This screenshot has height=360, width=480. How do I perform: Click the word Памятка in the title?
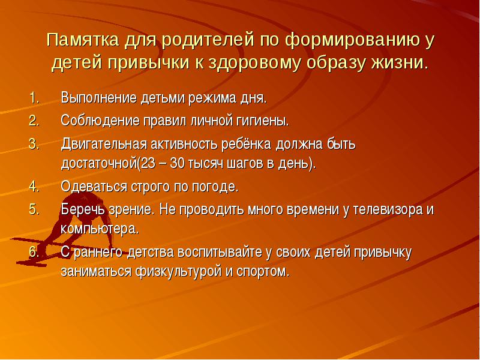click(83, 40)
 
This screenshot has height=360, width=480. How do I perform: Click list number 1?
click(34, 98)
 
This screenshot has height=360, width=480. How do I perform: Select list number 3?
click(34, 144)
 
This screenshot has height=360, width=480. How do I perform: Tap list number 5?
click(34, 209)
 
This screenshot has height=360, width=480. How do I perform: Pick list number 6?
click(34, 252)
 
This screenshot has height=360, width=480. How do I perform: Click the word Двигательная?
click(104, 144)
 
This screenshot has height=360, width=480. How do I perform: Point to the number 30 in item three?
click(178, 164)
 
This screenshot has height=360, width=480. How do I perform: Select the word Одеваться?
click(94, 187)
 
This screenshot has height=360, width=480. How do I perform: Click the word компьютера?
click(100, 229)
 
